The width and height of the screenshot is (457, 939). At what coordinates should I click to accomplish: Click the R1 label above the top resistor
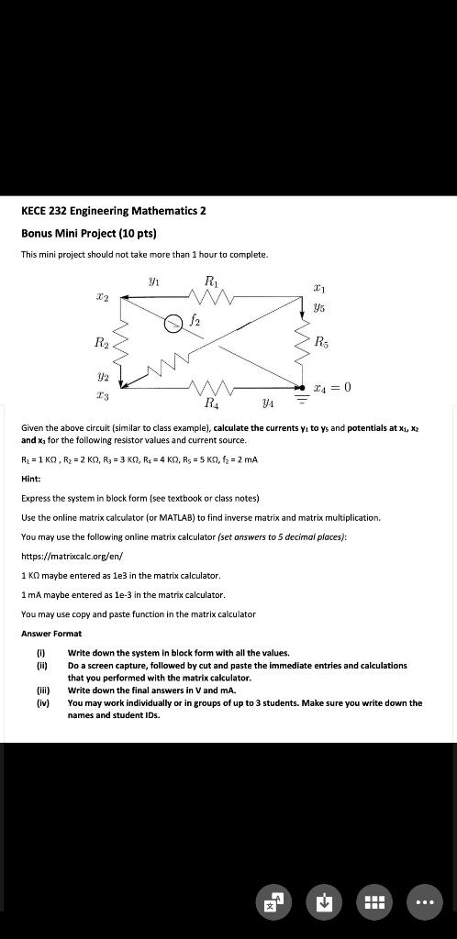click(211, 282)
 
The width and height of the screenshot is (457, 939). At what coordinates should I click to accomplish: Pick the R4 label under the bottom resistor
click(212, 402)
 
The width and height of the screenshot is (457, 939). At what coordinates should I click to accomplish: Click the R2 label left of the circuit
click(98, 342)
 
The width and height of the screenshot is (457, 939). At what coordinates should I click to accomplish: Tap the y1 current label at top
click(153, 283)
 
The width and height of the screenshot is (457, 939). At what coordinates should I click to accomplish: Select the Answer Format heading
click(51, 633)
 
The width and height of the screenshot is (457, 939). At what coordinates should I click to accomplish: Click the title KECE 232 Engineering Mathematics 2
click(113, 210)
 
